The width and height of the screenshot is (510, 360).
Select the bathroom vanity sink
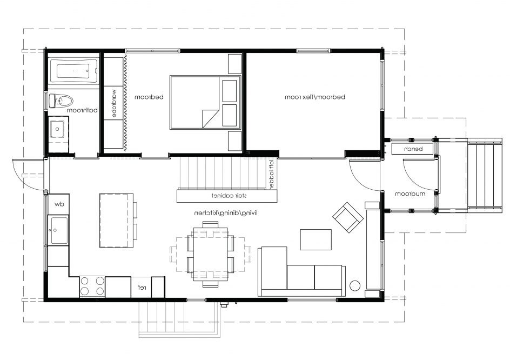(57, 129)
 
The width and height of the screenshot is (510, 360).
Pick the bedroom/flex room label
(315, 97)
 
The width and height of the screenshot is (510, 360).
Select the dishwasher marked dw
(58, 204)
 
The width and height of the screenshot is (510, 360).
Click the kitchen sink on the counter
(58, 231)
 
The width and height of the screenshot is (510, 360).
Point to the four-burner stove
(92, 286)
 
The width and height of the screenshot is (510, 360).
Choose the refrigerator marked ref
(142, 287)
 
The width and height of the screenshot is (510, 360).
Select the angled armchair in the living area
(347, 217)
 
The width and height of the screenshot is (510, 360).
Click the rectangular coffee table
(316, 241)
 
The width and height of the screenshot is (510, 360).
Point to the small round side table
(355, 285)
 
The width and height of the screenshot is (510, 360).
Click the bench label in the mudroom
(419, 149)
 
